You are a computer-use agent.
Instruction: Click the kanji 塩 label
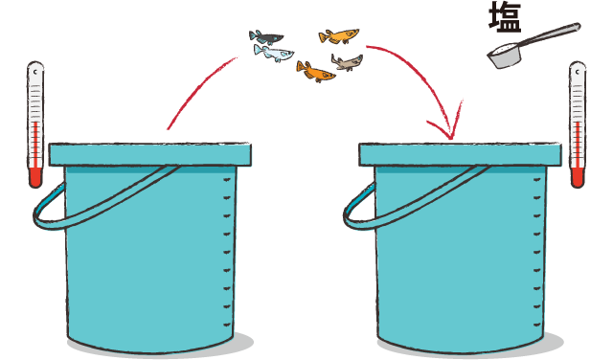point(505,17)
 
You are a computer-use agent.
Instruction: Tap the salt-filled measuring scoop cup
point(504,56)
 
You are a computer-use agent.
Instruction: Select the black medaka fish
point(266,37)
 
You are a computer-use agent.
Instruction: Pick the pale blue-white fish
point(273,54)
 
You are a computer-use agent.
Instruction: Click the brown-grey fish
point(347,62)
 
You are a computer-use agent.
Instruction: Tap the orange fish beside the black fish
point(338,36)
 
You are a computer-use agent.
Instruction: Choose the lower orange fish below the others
point(315,72)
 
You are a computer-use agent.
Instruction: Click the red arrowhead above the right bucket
point(447,124)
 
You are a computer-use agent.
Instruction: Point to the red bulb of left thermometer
point(35,178)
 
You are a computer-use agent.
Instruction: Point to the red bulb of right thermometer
point(578,178)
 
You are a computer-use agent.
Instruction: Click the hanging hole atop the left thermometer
point(35,72)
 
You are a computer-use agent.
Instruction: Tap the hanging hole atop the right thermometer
point(578,72)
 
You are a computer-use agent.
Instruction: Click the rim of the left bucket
point(149,154)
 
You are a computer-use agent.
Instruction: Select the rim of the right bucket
point(460,154)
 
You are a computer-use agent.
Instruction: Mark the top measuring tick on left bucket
point(227,180)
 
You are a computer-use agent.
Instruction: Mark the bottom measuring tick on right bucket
point(537,325)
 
